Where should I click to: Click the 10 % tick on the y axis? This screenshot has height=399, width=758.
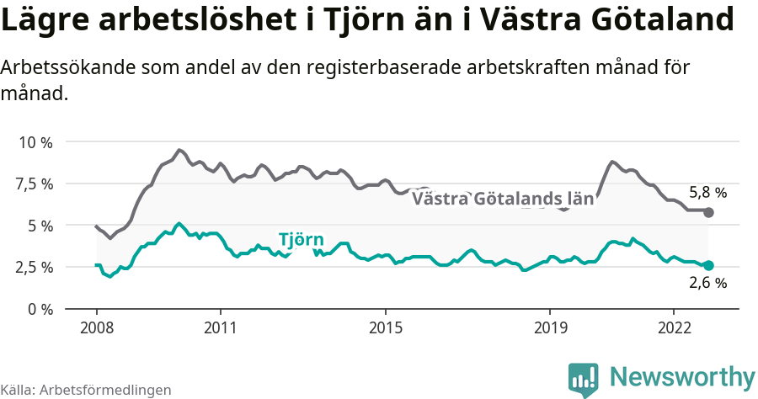[35, 142]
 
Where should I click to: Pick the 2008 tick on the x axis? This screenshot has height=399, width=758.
[96, 327]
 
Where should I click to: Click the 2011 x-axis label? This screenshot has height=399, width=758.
[220, 327]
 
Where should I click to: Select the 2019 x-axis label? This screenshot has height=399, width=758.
[550, 327]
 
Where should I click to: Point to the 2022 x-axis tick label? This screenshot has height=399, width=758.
[674, 327]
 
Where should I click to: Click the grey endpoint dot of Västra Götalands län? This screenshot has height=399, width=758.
[708, 212]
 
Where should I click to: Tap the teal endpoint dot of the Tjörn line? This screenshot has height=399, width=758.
[708, 265]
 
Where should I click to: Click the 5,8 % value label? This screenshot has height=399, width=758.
[707, 192]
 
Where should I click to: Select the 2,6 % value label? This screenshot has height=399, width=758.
[707, 284]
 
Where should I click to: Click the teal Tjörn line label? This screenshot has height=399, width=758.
[301, 239]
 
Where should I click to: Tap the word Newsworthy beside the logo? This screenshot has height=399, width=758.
[682, 376]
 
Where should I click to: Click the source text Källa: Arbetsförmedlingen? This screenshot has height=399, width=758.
[86, 390]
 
